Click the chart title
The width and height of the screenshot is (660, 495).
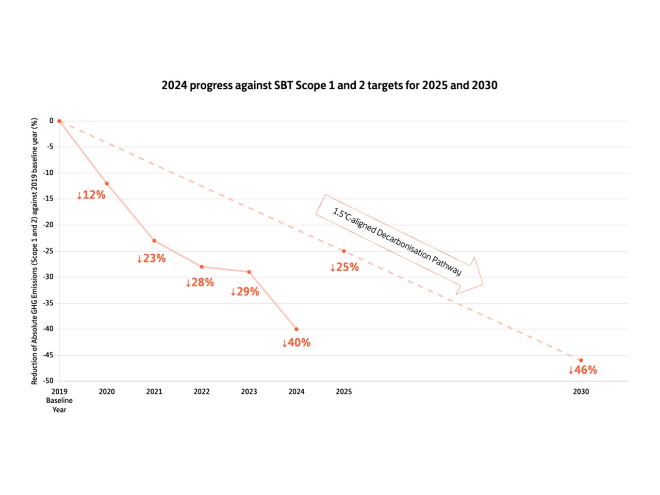(329, 86)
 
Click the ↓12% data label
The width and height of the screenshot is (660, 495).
(91, 195)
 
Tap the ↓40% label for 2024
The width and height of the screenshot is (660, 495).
(296, 343)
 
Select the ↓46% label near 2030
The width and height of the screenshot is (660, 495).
(582, 370)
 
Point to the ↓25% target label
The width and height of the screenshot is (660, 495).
(344, 267)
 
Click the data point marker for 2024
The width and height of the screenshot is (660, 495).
(296, 329)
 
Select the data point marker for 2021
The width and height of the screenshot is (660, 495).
(154, 241)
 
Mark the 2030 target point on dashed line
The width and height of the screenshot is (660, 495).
(581, 360)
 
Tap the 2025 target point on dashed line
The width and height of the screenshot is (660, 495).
(344, 251)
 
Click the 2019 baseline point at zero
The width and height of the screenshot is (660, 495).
(59, 121)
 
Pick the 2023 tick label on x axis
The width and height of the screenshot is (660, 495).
(249, 392)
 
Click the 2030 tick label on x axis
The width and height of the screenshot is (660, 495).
(581, 392)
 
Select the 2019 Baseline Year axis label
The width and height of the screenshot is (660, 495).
(59, 401)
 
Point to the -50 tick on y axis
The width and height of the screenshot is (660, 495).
(48, 381)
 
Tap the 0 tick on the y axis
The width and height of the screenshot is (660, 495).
(51, 121)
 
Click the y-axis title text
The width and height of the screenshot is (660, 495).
(35, 251)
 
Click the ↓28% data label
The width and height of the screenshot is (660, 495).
(200, 283)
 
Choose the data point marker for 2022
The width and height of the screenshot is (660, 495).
(202, 267)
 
